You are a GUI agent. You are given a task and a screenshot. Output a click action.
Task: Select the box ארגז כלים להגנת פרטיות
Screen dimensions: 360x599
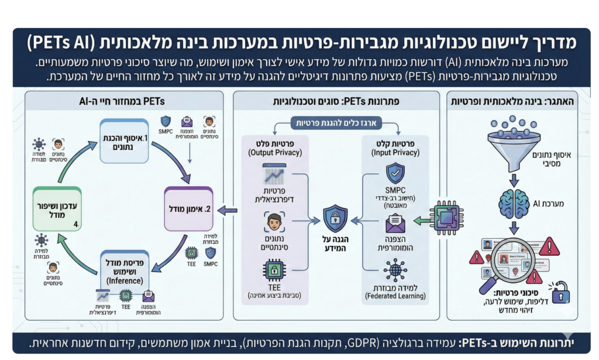[x=338, y=123]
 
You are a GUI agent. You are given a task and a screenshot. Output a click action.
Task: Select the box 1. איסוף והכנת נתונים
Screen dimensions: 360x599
[x=125, y=142]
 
